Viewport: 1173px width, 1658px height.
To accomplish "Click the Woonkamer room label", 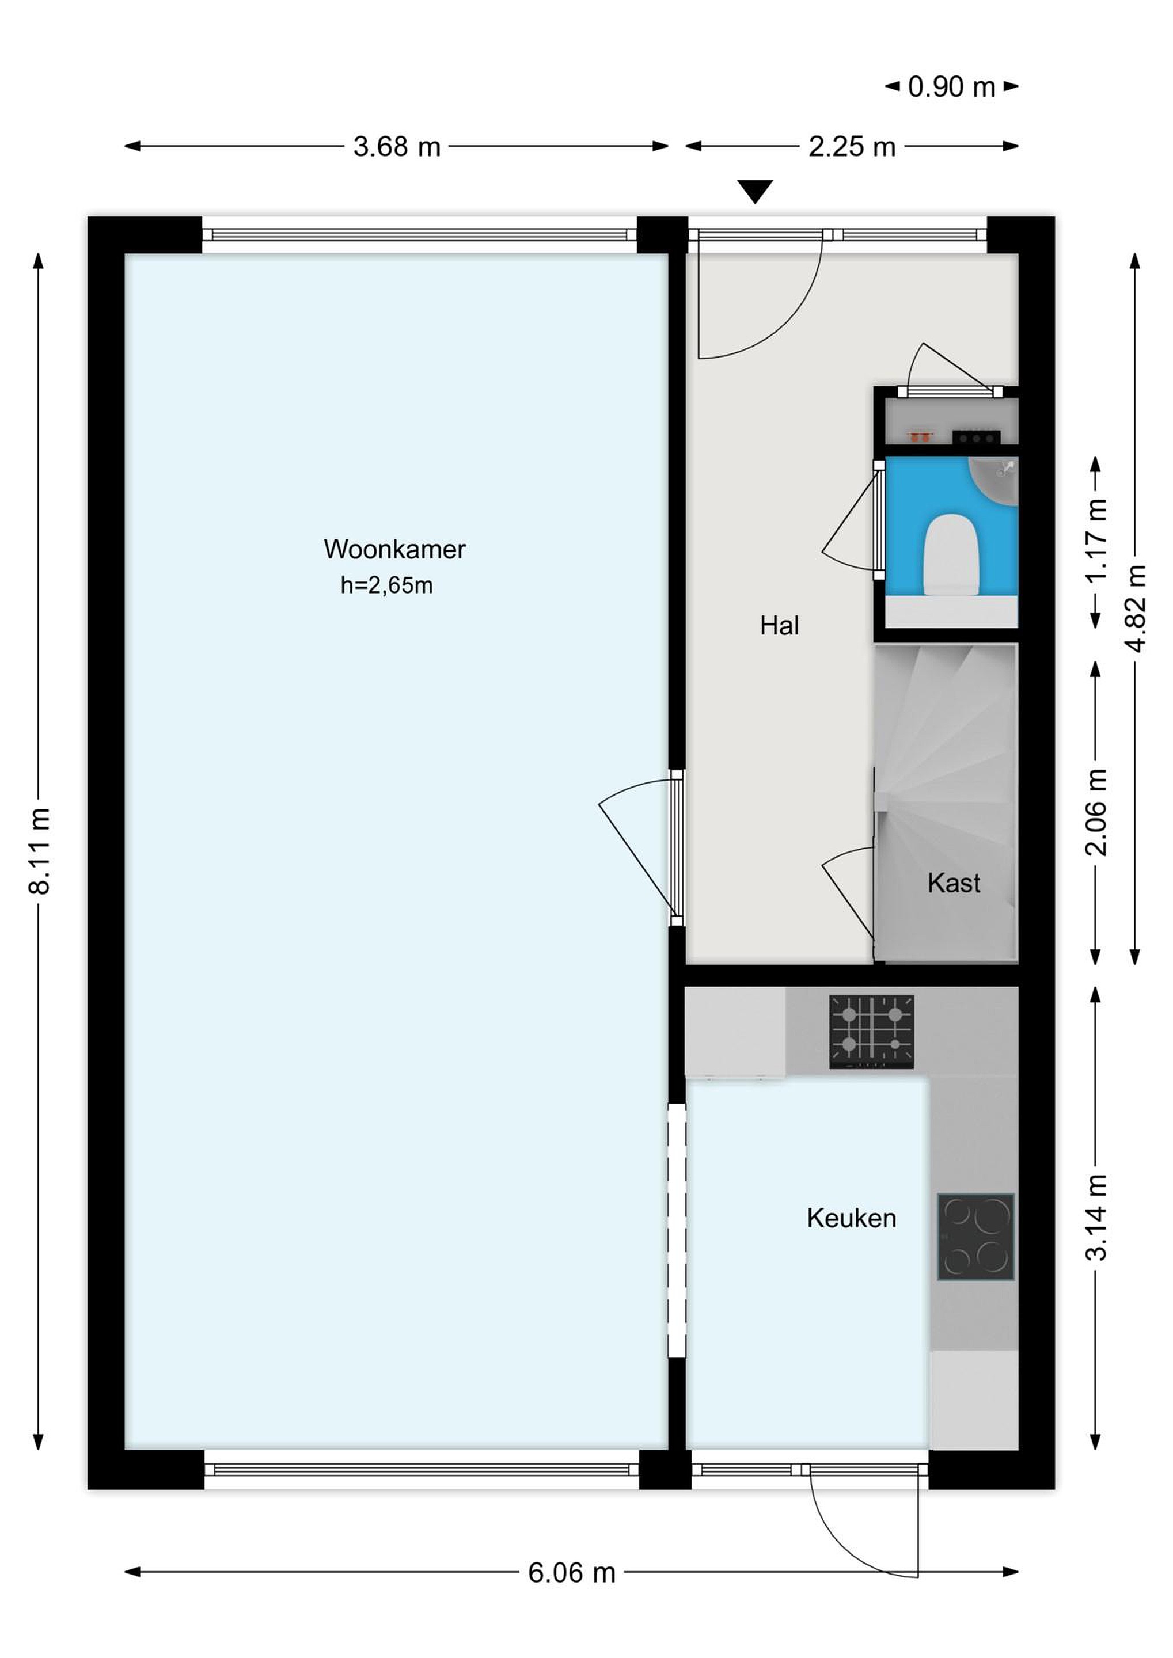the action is [x=394, y=550].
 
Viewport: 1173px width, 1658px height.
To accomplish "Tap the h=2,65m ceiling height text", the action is [x=386, y=585].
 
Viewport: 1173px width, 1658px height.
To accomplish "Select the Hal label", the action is [x=779, y=625].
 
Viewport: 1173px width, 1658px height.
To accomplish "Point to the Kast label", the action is [x=954, y=883].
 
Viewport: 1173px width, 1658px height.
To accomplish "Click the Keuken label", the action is [x=852, y=1218].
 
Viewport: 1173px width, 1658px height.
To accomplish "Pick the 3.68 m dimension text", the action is [x=397, y=147].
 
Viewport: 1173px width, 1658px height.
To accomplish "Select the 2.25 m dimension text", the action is [x=852, y=147].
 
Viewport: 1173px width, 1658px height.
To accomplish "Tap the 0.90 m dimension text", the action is [x=951, y=87].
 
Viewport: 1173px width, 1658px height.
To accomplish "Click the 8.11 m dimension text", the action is [x=40, y=851].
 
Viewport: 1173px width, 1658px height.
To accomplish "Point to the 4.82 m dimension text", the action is [x=1136, y=609].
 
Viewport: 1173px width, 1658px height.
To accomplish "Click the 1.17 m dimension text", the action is [x=1096, y=540].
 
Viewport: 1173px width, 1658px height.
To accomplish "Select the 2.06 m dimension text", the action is [x=1096, y=812].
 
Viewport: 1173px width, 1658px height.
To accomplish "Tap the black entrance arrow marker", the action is [x=755, y=191].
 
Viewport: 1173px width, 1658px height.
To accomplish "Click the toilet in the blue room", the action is [x=952, y=554].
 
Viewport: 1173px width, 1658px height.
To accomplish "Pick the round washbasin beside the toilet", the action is [x=994, y=480].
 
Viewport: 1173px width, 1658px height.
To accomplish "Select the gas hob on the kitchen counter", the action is [x=871, y=1032].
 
